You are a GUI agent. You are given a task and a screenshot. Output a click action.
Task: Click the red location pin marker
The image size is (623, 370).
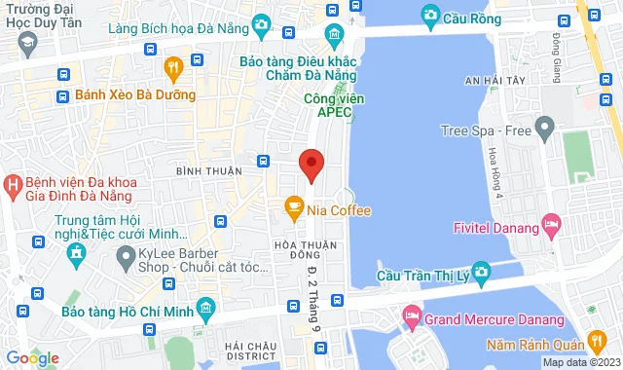311,166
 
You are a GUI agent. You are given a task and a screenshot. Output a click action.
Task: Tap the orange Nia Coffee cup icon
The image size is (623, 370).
290,206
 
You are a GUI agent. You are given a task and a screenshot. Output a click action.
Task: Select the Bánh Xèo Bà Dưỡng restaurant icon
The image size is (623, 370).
173,67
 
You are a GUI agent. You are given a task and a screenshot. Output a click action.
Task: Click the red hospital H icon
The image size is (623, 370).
13,183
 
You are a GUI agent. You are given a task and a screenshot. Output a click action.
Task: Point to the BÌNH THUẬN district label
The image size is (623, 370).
208,170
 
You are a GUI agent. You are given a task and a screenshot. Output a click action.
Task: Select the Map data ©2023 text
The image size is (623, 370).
578,363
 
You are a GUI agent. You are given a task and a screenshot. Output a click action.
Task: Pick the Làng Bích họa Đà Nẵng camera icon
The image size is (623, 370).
261,22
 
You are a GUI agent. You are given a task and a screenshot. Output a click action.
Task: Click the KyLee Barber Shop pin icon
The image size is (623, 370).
125,258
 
